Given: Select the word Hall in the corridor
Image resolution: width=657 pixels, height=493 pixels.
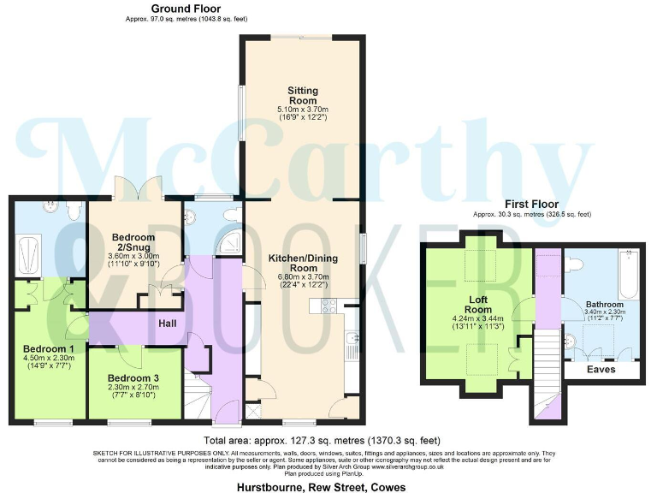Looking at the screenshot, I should (x=168, y=324).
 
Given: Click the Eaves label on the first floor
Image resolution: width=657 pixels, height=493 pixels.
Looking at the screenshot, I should (x=601, y=371).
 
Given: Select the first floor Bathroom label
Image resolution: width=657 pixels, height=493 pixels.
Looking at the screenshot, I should (x=604, y=304).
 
